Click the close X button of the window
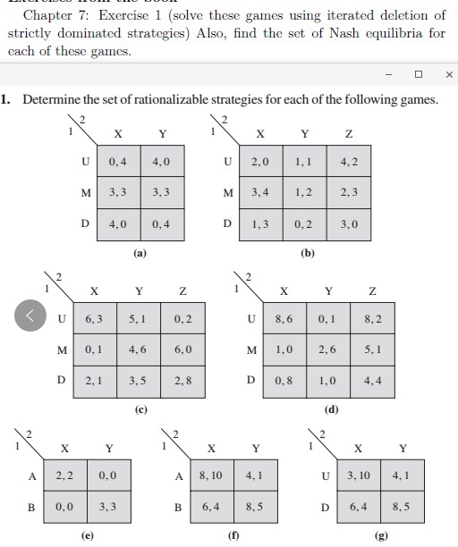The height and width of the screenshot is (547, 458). coord(449,74)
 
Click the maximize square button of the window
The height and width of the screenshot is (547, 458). coord(418,74)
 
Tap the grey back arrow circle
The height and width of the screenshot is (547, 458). coord(31,316)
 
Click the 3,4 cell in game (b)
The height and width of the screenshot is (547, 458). coord(261,192)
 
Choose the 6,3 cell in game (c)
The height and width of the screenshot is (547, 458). coord(94,318)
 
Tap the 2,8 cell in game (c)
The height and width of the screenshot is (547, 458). coord(183,379)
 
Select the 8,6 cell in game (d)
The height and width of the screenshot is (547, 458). coord(284,318)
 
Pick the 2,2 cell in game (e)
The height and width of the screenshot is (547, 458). coord(64,477)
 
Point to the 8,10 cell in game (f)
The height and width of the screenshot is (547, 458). coord(211,477)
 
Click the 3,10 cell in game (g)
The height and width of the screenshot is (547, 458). coord(358,477)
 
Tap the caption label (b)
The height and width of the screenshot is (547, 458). coord(308,253)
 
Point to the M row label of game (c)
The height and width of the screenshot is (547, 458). coord(61,349)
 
